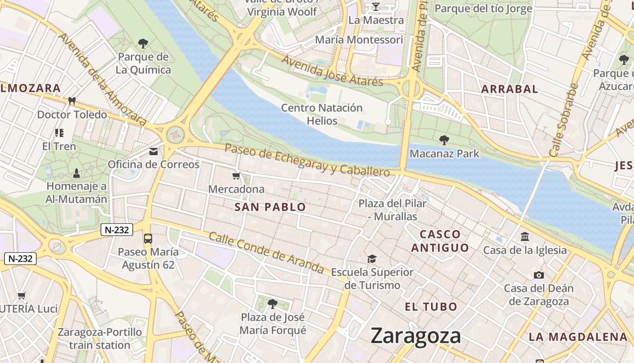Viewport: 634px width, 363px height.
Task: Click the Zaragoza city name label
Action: (416, 336)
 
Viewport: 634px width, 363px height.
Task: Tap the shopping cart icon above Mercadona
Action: (235, 176)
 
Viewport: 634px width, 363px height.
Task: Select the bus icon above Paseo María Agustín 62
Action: (148, 238)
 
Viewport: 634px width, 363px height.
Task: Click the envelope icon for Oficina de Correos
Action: (154, 151)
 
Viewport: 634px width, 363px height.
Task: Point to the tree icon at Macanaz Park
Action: (444, 140)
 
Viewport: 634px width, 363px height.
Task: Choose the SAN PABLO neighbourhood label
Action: (270, 207)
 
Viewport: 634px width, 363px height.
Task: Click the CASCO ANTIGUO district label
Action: (440, 241)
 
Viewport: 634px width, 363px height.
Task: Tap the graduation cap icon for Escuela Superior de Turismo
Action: (372, 259)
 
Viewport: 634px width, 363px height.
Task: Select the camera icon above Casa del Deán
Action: (538, 275)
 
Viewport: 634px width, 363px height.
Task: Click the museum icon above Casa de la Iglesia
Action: (525, 236)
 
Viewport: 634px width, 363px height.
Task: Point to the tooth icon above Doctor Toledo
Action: (72, 101)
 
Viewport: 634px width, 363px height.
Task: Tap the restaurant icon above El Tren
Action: (59, 132)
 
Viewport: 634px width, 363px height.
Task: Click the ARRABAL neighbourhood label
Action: (509, 89)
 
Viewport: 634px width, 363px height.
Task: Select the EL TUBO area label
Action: (430, 307)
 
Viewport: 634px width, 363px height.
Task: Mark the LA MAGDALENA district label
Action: (578, 337)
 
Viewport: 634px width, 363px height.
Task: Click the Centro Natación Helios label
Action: (322, 114)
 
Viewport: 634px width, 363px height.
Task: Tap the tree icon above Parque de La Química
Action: (143, 44)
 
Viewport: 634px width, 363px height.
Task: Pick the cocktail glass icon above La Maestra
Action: (375, 6)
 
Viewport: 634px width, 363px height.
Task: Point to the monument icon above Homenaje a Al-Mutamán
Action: (76, 173)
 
